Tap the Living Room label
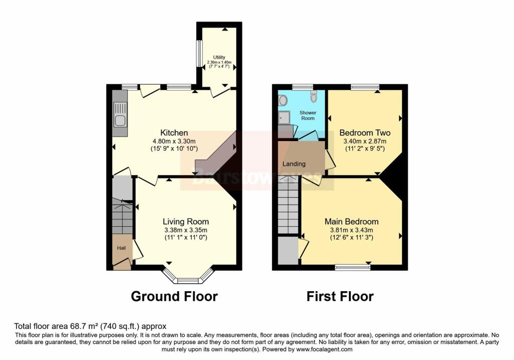pyautogui.click(x=186, y=221)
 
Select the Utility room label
pyautogui.click(x=219, y=57)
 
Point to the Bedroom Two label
pyautogui.click(x=365, y=133)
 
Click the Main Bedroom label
pyautogui.click(x=351, y=221)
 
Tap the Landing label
pyautogui.click(x=294, y=164)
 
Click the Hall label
pyautogui.click(x=121, y=248)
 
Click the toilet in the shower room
pyautogui.click(x=314, y=96)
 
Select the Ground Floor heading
pyautogui.click(x=174, y=296)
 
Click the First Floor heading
pyautogui.click(x=340, y=296)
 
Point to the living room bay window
pyautogui.click(x=189, y=279)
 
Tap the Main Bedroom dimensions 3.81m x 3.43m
pyautogui.click(x=351, y=230)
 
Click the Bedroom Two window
pyautogui.click(x=365, y=87)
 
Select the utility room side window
pyautogui.click(x=199, y=53)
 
